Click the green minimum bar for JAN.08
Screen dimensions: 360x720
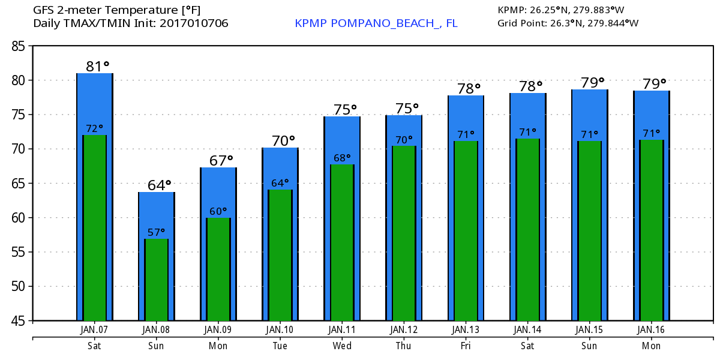coord(157,282)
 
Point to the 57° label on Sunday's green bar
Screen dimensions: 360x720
coord(156,232)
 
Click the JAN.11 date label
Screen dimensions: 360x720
coord(342,329)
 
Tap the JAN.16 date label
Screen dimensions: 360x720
coord(651,329)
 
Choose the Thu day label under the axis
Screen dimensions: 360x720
coord(404,346)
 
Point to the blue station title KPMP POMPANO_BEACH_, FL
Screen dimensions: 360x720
coord(376,23)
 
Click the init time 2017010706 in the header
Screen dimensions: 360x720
coord(194,23)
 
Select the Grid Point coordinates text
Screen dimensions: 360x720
coord(568,23)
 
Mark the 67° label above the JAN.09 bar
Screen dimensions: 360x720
coord(221,160)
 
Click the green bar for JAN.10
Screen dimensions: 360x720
coord(280,258)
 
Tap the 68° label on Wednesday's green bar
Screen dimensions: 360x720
coord(342,158)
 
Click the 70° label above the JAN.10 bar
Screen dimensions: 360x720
coord(283,140)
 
